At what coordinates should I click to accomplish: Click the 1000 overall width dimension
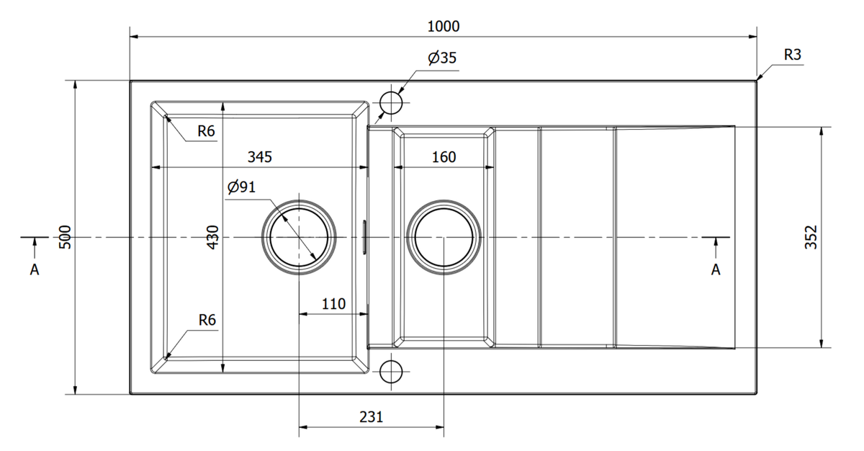point(444,26)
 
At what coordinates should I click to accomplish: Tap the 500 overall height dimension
point(66,237)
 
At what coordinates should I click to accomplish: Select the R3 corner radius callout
point(792,55)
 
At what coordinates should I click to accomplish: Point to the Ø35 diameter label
point(442,58)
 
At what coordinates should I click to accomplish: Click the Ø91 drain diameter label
point(241,187)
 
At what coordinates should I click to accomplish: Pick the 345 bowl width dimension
point(260,156)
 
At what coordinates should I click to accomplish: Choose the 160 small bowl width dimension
point(444,156)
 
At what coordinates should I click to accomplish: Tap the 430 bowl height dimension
point(213,237)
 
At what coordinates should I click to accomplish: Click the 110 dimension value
point(333,304)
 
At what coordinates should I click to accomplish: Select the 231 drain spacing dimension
point(371,416)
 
